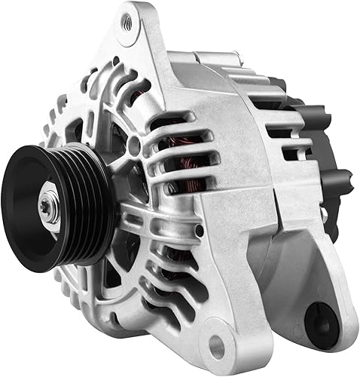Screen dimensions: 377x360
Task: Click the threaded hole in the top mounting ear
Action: (127, 24)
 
